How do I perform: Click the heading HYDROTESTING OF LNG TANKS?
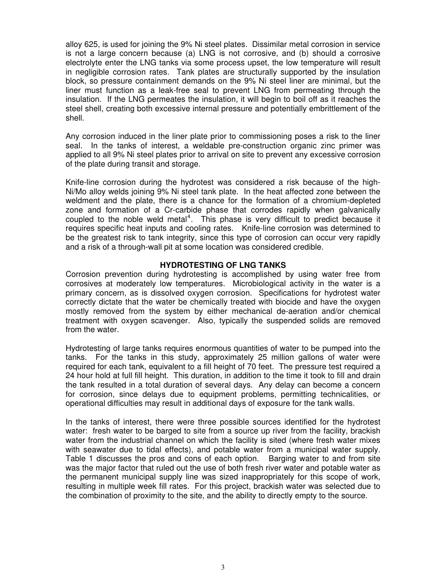[x=223, y=265]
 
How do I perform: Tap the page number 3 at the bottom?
[x=223, y=567]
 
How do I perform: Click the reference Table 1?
[x=79, y=458]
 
